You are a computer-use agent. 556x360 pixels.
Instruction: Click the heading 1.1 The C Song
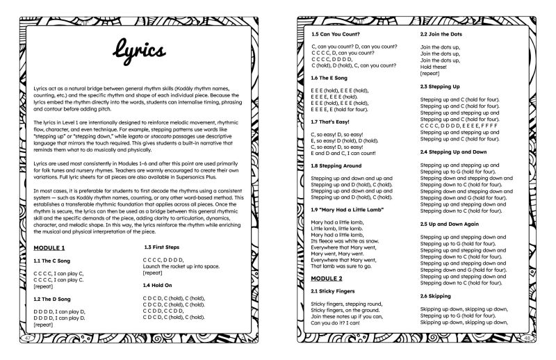pyautogui.click(x=56, y=261)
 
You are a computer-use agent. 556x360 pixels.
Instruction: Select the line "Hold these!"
pyautogui.click(x=435, y=66)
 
